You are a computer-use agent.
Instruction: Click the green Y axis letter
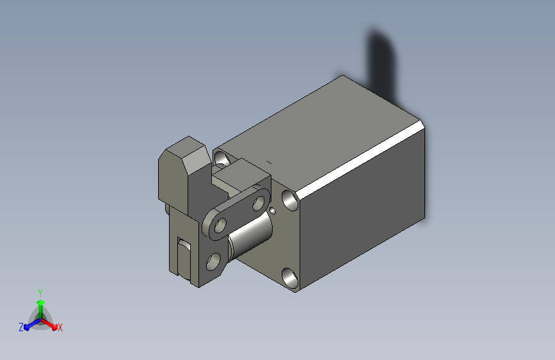[40, 293]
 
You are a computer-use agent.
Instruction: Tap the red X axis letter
[60, 328]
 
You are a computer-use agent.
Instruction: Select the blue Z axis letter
[21, 327]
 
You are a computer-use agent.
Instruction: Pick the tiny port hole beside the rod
[273, 211]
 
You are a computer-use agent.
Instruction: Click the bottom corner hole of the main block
[290, 277]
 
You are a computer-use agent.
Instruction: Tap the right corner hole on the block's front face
[290, 200]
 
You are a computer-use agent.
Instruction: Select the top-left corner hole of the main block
[222, 159]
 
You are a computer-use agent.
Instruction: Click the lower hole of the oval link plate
[220, 225]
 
